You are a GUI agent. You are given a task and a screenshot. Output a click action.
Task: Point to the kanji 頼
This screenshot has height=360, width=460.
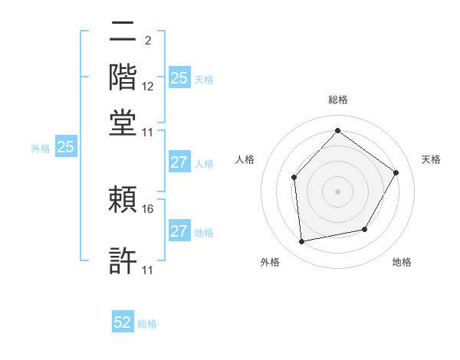point(123,200)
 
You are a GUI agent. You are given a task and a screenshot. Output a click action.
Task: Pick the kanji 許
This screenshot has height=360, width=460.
point(123,260)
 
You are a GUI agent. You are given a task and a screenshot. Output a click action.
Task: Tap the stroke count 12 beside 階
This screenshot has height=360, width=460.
point(149,87)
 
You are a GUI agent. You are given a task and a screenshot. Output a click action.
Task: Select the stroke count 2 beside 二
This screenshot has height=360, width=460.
point(147,40)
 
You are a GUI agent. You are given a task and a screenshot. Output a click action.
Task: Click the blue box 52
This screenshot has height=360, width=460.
point(123,322)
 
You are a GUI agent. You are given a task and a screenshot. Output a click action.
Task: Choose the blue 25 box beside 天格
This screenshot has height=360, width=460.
point(179,78)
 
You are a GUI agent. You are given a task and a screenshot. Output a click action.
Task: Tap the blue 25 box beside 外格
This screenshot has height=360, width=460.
point(66,147)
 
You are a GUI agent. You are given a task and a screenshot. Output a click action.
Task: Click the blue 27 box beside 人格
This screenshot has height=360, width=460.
point(179,162)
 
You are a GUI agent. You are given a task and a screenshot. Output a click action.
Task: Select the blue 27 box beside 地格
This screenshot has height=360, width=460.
point(179,231)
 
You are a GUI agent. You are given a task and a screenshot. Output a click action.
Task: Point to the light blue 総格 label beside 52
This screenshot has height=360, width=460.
point(147,324)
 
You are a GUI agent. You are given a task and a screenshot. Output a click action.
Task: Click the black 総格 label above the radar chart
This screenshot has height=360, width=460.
point(337,100)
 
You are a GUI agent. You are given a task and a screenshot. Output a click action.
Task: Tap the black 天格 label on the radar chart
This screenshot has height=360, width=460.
point(431,159)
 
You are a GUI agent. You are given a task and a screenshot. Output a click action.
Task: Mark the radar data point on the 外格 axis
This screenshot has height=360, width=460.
point(302,242)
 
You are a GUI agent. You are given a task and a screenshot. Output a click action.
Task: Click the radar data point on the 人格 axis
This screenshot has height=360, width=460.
point(294,178)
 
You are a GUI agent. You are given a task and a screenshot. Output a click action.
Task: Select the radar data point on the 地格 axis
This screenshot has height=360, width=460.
point(365,229)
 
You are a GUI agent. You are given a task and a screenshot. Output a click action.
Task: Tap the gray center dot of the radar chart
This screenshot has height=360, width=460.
point(337,191)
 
